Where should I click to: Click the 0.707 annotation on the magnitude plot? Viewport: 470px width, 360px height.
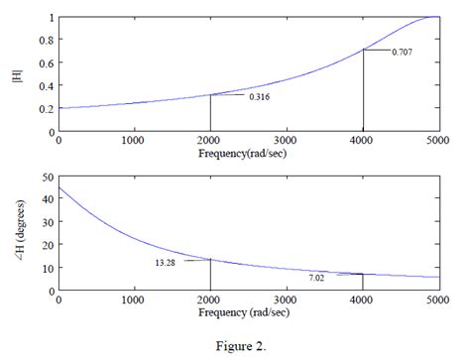coord(403,51)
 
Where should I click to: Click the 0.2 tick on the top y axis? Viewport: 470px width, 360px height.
coord(44,109)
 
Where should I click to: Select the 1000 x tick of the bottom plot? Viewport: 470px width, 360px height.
coord(134,300)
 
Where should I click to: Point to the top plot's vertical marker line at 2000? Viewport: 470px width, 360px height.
coord(210,113)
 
